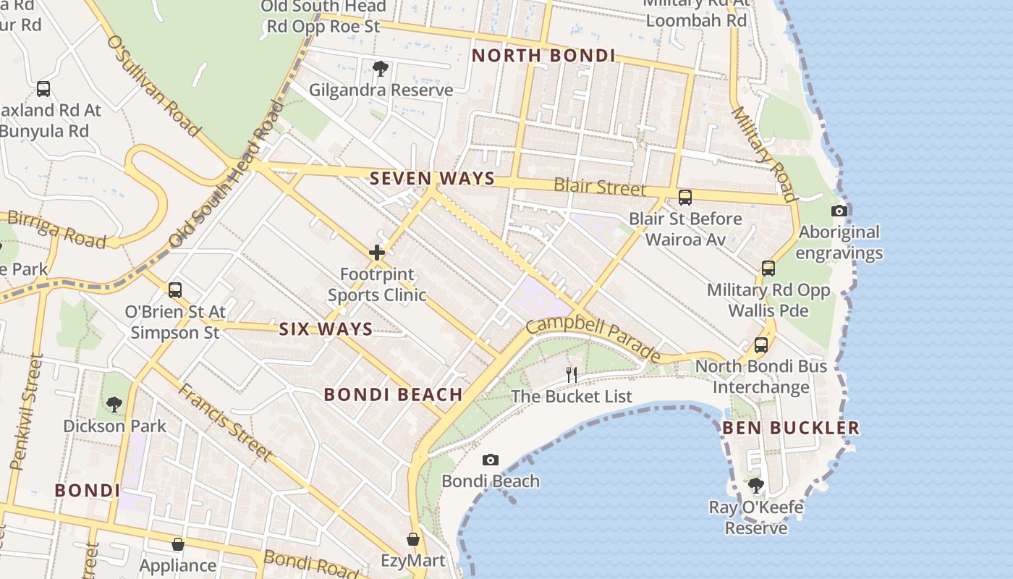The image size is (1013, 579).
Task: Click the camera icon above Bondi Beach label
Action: point(490,460)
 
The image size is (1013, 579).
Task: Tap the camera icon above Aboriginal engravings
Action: point(839,211)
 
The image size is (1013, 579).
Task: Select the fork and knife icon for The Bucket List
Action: point(572,374)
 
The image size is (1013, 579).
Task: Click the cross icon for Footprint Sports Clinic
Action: point(377,253)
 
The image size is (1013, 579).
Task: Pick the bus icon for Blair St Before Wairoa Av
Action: point(684,197)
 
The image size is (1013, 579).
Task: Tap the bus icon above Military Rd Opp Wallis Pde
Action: point(768,269)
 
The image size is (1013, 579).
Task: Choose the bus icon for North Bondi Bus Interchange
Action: point(761,345)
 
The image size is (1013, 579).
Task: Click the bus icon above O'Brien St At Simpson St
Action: point(175,290)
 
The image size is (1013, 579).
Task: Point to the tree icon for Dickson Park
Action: point(114,404)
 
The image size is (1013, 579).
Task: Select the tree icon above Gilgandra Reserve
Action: point(381,69)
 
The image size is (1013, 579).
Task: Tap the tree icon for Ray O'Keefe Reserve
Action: point(756,484)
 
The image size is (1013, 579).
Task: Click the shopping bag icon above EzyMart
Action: point(412,539)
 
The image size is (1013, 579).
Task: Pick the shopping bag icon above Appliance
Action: point(178,544)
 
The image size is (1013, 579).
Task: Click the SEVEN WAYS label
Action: point(432,178)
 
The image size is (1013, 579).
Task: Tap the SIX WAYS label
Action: point(326,329)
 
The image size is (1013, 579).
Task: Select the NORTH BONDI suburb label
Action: point(543,56)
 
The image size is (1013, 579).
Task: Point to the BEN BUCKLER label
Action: point(791,428)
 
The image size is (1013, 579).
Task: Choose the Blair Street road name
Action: point(599,187)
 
